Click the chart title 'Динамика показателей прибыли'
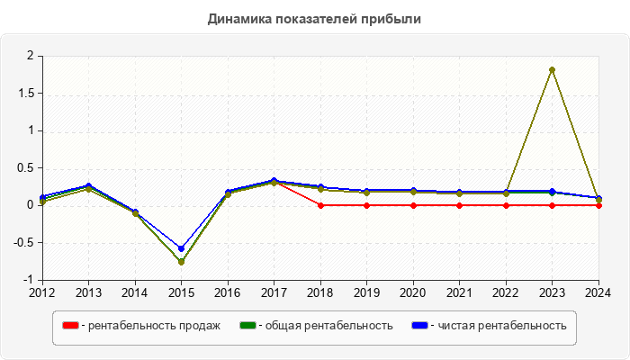click(x=314, y=19)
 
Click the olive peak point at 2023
click(x=552, y=69)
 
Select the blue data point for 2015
click(x=181, y=248)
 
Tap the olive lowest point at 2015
click(x=181, y=262)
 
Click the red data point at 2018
click(x=320, y=205)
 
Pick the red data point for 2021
click(x=459, y=205)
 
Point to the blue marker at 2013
click(x=88, y=185)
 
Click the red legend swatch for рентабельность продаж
click(x=70, y=325)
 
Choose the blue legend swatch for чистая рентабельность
click(x=419, y=325)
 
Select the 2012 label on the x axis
click(x=42, y=292)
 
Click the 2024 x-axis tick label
click(x=598, y=292)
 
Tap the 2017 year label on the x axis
click(x=274, y=292)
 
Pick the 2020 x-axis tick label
click(x=412, y=292)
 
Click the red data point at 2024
click(x=598, y=205)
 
